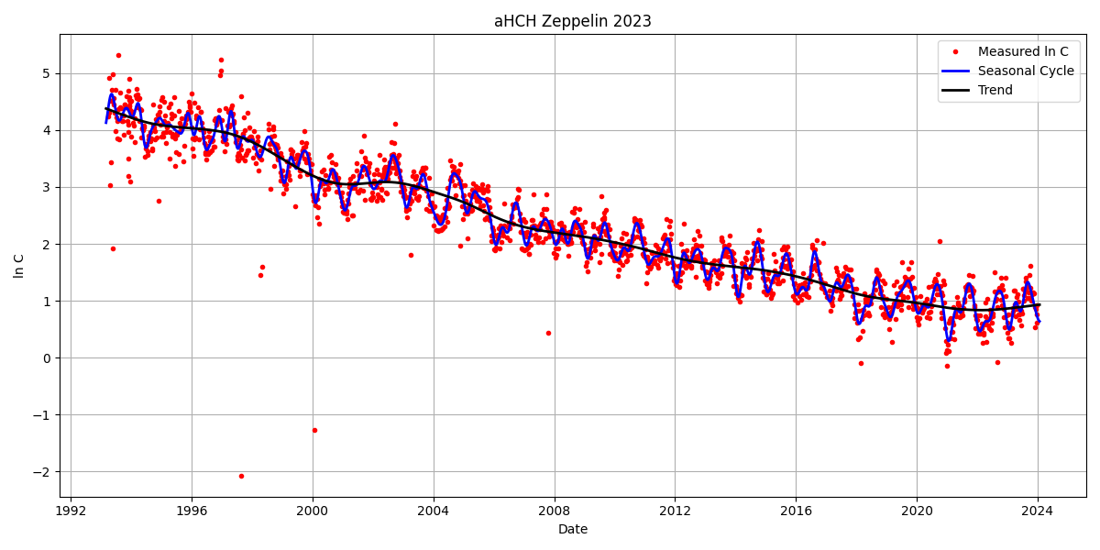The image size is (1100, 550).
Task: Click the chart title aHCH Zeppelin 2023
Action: [x=572, y=21]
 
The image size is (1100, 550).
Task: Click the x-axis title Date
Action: [x=572, y=529]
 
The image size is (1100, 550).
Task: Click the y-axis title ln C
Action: [x=19, y=266]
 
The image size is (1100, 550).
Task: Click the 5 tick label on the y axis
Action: [x=46, y=73]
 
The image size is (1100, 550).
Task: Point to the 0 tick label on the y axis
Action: [x=46, y=357]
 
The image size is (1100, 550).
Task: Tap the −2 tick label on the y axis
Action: [x=42, y=471]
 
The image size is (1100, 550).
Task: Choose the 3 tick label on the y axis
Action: [x=46, y=187]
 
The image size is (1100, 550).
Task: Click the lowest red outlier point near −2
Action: [x=241, y=476]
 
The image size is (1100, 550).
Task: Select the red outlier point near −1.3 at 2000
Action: [x=314, y=430]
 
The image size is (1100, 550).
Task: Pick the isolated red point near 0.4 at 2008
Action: [x=548, y=333]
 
